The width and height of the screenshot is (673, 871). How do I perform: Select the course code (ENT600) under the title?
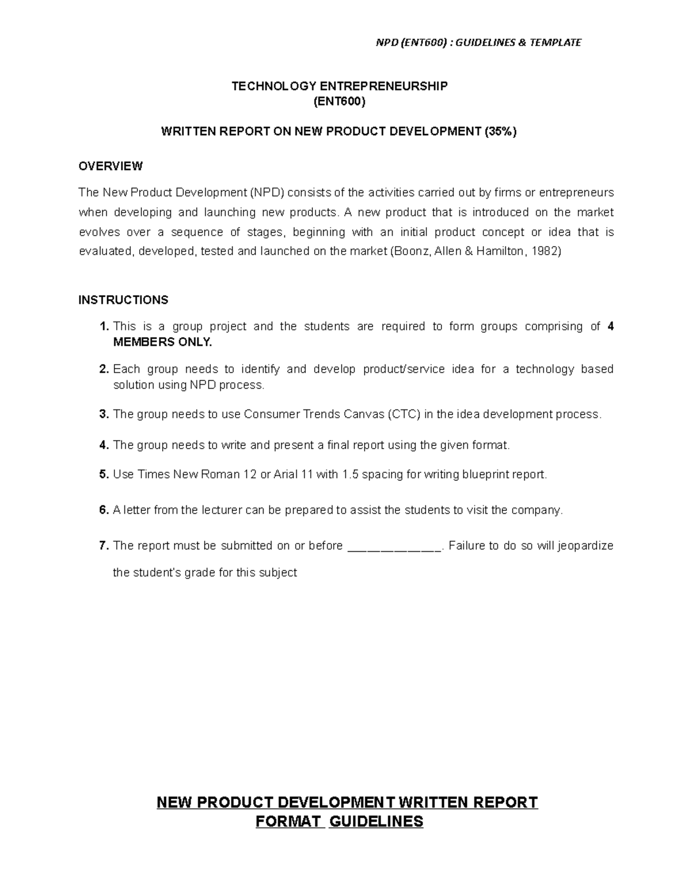tap(340, 102)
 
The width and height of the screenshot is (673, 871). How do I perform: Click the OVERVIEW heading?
tap(110, 166)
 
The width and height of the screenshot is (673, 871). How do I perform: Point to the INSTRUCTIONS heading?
tap(123, 300)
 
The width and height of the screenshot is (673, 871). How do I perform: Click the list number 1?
tap(103, 326)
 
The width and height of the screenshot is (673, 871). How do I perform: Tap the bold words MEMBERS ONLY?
tap(163, 342)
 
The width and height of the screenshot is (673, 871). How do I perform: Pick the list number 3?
tap(103, 414)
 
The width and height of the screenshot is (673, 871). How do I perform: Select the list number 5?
tap(103, 474)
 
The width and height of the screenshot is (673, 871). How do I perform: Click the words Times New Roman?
tap(182, 474)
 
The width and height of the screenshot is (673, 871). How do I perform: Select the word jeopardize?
tap(586, 546)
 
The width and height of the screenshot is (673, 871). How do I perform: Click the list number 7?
tap(103, 546)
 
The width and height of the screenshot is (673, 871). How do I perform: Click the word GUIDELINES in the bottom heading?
tap(376, 822)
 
